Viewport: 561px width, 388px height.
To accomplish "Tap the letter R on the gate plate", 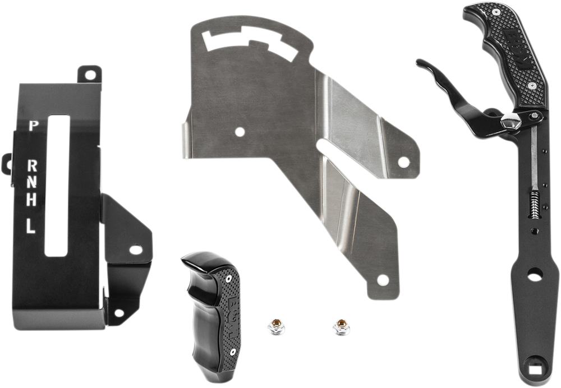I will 32,165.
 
